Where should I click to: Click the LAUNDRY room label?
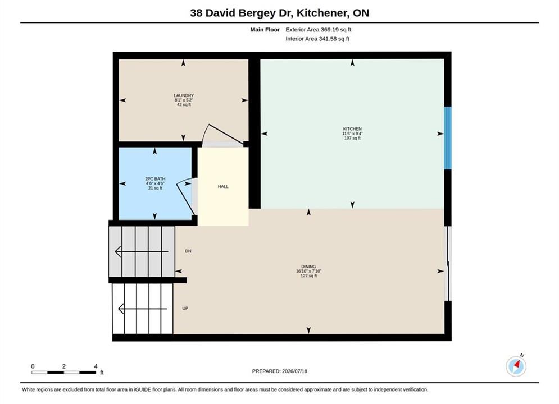(184, 95)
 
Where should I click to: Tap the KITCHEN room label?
(352, 129)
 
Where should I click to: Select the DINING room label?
(308, 267)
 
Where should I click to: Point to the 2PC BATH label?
(155, 178)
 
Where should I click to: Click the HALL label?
(223, 186)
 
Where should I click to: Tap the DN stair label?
(188, 251)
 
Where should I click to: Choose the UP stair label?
(185, 308)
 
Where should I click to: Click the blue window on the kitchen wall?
(447, 138)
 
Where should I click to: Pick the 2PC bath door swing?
(185, 198)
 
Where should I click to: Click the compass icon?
(516, 366)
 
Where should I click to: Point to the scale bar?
(64, 373)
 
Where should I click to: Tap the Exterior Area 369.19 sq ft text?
(319, 30)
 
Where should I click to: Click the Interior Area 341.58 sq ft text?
(317, 39)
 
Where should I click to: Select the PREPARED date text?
(280, 371)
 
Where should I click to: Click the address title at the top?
(280, 13)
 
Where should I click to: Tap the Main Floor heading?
(265, 30)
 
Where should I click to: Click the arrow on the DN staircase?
(142, 251)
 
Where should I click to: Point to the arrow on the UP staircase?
(142, 309)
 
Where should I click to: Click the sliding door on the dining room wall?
(448, 263)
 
